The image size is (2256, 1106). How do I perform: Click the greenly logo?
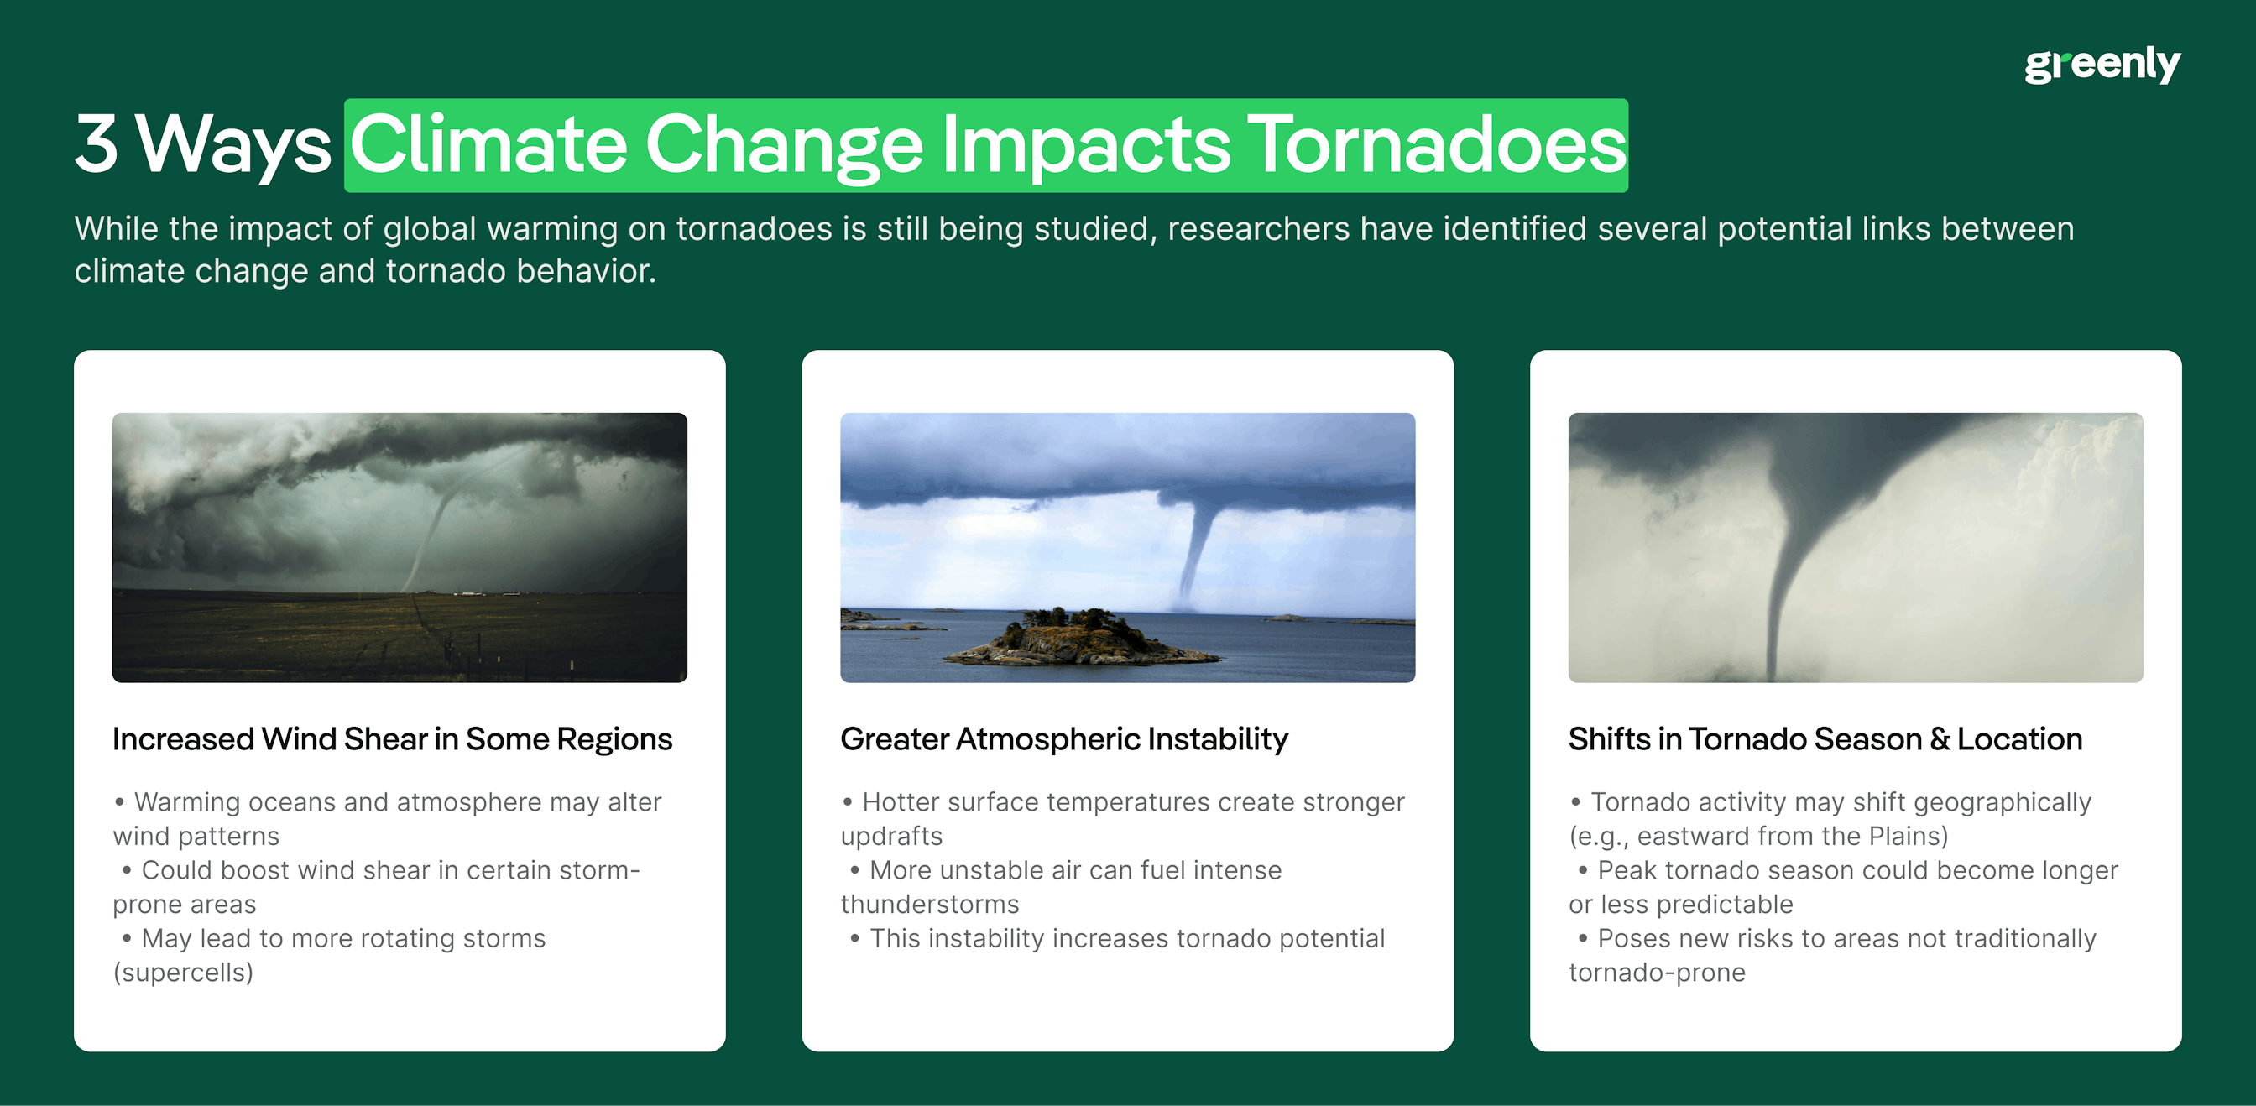pyautogui.click(x=2101, y=65)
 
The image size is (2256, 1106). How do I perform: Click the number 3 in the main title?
pyautogui.click(x=97, y=144)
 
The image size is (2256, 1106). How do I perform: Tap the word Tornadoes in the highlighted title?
pyautogui.click(x=1435, y=144)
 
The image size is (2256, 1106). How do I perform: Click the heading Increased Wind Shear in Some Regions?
pyautogui.click(x=391, y=739)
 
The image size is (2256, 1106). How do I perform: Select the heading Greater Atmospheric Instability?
pyautogui.click(x=1063, y=739)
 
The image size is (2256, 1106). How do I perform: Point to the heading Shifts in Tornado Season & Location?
pyautogui.click(x=1825, y=739)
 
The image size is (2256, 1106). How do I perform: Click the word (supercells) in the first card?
pyautogui.click(x=183, y=972)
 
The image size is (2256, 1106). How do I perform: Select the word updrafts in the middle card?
pyautogui.click(x=890, y=837)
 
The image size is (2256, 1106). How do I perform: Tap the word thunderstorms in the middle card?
pyautogui.click(x=929, y=905)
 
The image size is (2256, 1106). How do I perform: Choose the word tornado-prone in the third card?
pyautogui.click(x=1656, y=972)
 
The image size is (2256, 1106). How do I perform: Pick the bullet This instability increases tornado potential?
pyautogui.click(x=1126, y=939)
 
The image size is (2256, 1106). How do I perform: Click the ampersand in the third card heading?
pyautogui.click(x=1940, y=739)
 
